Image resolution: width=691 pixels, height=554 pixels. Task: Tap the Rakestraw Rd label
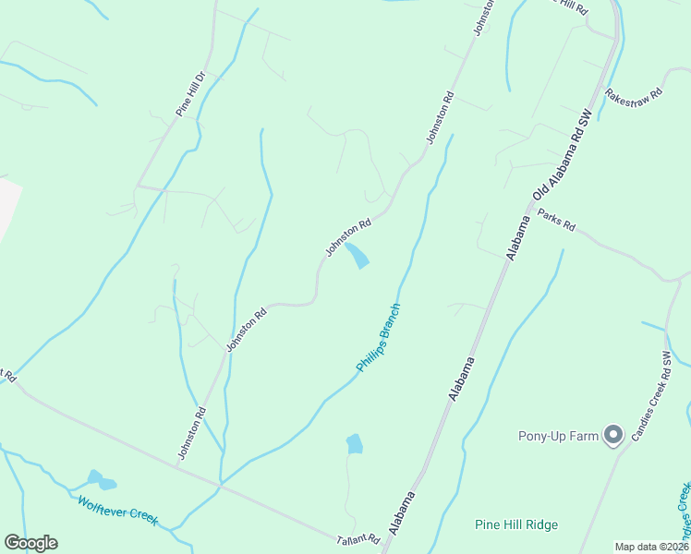click(634, 94)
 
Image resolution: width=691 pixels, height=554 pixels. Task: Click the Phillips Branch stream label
click(379, 338)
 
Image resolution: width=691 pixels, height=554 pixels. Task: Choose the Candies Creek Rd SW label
click(651, 395)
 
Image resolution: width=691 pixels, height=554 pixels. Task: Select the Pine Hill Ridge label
click(516, 525)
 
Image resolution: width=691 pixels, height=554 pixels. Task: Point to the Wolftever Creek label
click(118, 512)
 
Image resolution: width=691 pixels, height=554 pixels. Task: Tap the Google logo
click(30, 543)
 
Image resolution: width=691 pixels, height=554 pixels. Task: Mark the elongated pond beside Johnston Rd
click(357, 256)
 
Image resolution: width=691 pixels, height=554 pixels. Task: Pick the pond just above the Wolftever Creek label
click(101, 480)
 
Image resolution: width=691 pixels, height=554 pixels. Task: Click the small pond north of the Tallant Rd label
click(354, 444)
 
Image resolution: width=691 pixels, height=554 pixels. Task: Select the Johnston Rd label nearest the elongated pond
click(348, 236)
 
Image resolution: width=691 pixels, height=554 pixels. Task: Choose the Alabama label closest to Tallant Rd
click(402, 512)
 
